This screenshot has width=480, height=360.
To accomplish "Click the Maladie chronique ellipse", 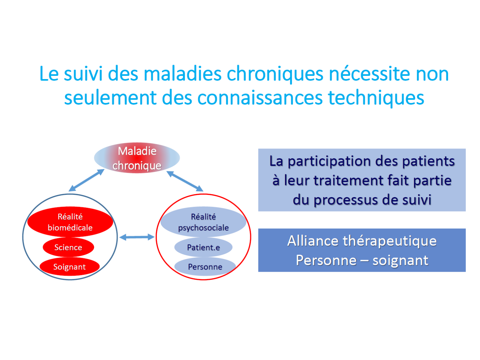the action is (x=137, y=158).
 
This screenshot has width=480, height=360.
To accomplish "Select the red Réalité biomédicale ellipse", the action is (x=70, y=222).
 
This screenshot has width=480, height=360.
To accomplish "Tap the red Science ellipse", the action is (x=68, y=247).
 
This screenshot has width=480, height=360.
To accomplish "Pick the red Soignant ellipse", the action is (x=69, y=267).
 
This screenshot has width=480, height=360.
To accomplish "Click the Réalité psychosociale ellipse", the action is (x=204, y=222).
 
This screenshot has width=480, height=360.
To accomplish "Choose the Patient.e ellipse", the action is (x=204, y=247).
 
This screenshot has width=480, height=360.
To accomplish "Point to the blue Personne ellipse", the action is (x=205, y=267).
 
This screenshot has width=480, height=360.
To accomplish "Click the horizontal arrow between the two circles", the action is (x=137, y=237).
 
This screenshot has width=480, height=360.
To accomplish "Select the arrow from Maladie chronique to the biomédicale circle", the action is (x=86, y=180).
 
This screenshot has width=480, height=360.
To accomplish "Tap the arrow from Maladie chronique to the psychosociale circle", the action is (x=185, y=181).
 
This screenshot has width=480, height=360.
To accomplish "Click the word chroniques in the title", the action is (x=275, y=74).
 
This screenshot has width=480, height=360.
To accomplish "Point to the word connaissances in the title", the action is (x=260, y=98).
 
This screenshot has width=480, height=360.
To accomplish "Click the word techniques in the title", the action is (x=376, y=98).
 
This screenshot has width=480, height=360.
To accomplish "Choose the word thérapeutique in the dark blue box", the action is (x=390, y=241).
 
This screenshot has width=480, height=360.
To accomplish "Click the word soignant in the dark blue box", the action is (x=400, y=260).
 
